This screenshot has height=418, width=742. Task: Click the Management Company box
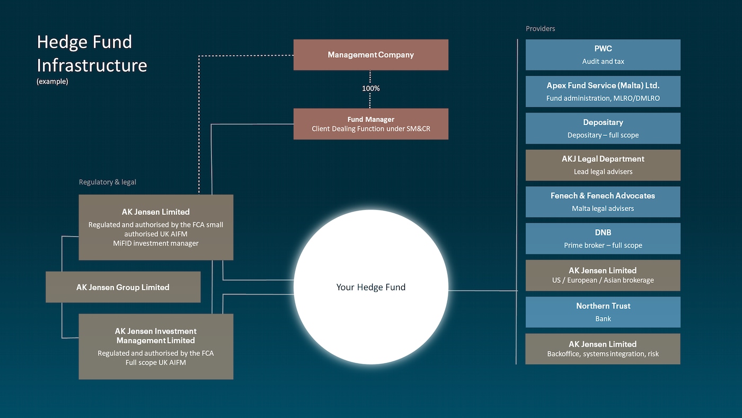(x=370, y=55)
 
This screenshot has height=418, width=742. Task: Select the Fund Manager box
(x=370, y=124)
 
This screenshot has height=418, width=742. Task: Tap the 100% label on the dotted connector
(x=370, y=89)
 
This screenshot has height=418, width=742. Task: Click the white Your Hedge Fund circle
(x=370, y=287)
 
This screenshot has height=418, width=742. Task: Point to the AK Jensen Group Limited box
(x=123, y=287)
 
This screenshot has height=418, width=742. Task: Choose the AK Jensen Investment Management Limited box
(x=156, y=346)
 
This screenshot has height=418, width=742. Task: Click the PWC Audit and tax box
(x=603, y=55)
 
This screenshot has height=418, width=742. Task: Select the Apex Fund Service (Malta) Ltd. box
(x=603, y=91)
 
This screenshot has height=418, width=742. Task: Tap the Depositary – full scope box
(x=603, y=128)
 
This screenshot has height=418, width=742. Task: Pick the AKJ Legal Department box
(x=603, y=165)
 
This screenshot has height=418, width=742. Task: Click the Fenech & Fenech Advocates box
(x=603, y=202)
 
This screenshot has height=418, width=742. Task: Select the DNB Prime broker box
(x=603, y=239)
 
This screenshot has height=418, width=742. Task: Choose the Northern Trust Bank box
(x=603, y=312)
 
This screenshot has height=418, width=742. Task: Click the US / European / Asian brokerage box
(x=603, y=275)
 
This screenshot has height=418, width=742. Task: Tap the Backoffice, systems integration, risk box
(x=603, y=349)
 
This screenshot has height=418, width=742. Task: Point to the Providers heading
(x=540, y=29)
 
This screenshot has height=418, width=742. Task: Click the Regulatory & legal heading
(x=108, y=182)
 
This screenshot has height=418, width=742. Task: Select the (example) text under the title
(x=52, y=82)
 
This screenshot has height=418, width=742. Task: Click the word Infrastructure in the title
(x=92, y=65)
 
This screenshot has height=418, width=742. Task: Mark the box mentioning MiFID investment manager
(x=156, y=227)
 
